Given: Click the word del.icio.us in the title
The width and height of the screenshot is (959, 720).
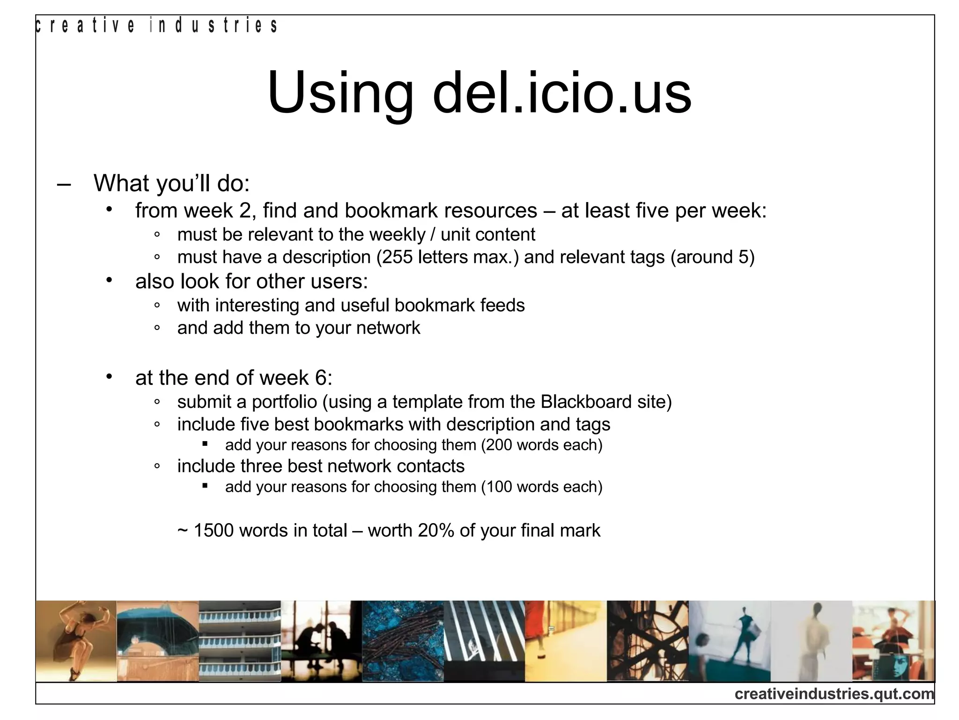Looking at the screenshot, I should tap(562, 93).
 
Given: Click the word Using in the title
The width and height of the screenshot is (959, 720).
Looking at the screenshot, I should tap(340, 94).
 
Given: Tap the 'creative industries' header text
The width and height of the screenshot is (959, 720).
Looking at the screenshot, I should tap(156, 26).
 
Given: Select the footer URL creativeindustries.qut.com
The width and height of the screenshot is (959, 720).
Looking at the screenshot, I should tap(834, 693).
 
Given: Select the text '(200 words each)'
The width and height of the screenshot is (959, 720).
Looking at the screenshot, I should tap(542, 445).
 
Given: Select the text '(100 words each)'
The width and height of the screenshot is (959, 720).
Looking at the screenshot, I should tap(542, 487).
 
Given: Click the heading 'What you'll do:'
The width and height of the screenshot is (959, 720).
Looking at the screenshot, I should tap(171, 183).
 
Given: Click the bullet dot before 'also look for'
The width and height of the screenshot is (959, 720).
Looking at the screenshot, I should tap(109, 280).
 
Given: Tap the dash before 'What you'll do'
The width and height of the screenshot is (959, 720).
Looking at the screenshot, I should tap(64, 184).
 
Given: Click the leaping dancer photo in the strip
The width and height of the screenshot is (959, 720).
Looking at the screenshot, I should tap(76, 641).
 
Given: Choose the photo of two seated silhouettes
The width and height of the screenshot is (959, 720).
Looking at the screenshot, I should tap(321, 641).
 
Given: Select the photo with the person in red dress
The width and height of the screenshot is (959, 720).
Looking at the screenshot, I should tap(566, 641).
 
